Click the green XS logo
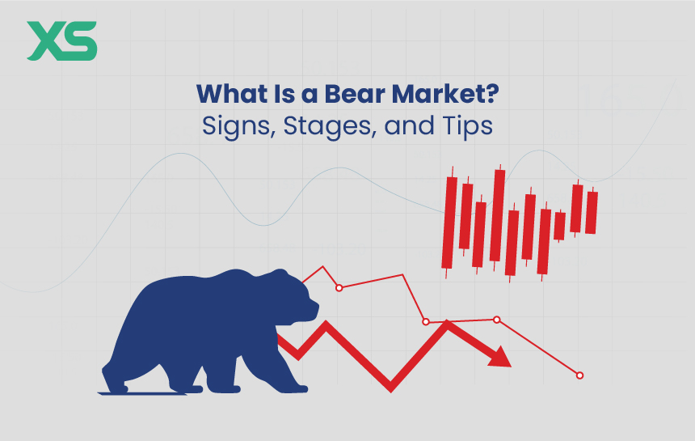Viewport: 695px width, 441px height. pyautogui.click(x=61, y=41)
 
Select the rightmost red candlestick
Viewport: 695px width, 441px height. pyautogui.click(x=592, y=212)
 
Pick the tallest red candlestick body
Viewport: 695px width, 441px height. pyautogui.click(x=499, y=215)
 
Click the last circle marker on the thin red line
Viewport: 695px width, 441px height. pyautogui.click(x=579, y=375)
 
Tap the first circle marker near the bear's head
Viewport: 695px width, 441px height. pyautogui.click(x=339, y=288)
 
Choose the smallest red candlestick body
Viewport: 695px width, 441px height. pyautogui.click(x=559, y=226)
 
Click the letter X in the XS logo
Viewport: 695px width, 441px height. pyautogui.click(x=44, y=41)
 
